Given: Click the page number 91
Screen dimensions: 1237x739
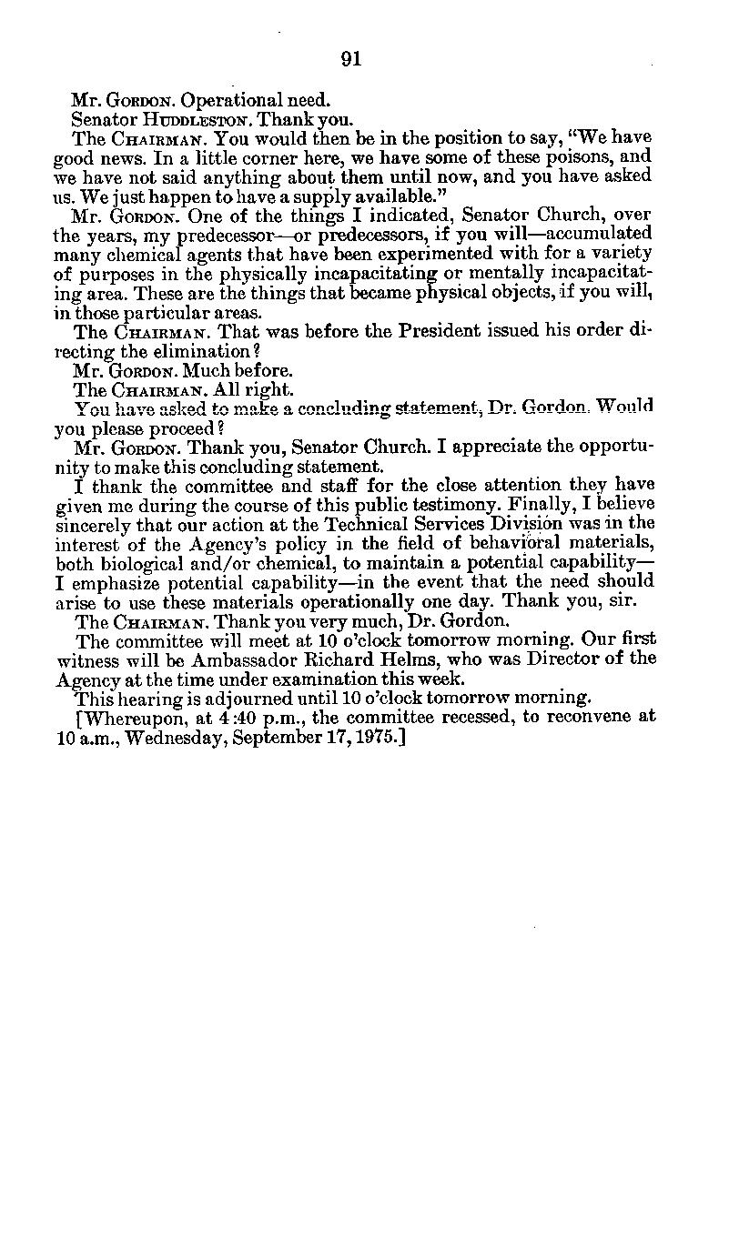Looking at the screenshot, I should pos(351,60).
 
